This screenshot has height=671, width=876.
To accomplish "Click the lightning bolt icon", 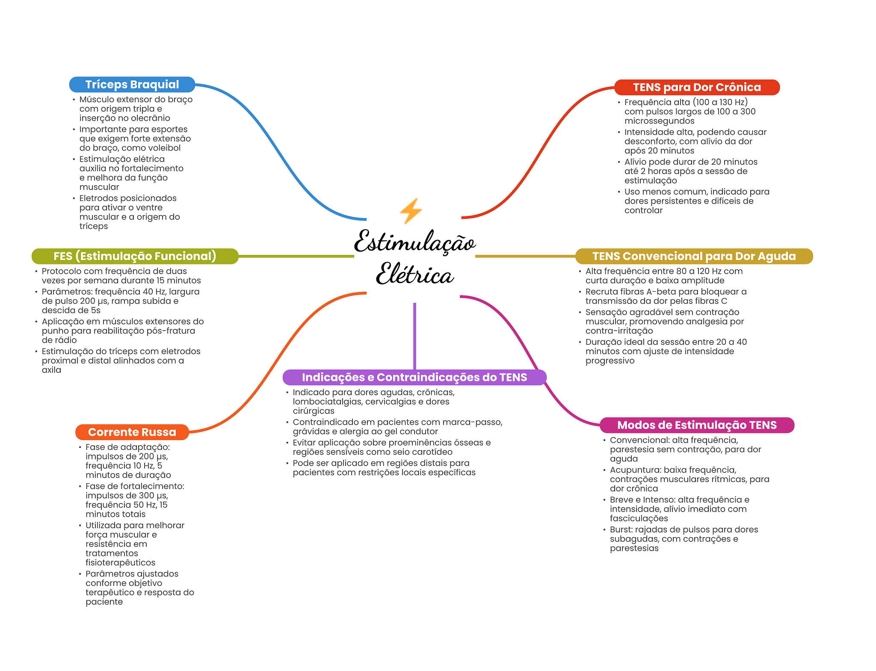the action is click(x=411, y=210).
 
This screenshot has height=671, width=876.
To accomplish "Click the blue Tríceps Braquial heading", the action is click(x=132, y=85).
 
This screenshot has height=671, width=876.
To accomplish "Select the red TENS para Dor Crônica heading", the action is click(x=697, y=87).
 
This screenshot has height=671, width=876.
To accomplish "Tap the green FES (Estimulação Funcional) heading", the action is click(x=135, y=256).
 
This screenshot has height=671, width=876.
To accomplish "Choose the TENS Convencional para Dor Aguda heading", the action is click(x=694, y=256).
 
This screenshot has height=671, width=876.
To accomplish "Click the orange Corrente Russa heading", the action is click(x=132, y=432).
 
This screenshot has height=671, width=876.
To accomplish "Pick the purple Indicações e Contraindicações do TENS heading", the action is click(x=414, y=377).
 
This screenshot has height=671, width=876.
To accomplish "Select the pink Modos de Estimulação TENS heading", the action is click(x=697, y=425).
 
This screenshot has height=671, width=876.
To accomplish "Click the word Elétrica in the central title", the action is click(x=414, y=274).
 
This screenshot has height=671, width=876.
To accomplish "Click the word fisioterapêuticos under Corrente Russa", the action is click(x=120, y=563).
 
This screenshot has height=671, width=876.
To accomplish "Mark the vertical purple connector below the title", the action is click(x=414, y=336).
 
